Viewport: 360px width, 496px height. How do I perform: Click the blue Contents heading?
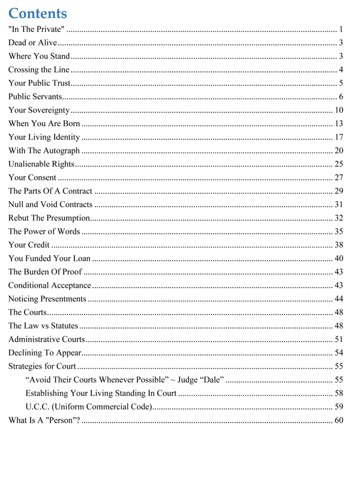pos(38,13)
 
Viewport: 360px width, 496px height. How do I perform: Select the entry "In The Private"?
pos(36,29)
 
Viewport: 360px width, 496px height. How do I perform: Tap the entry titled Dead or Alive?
pos(32,43)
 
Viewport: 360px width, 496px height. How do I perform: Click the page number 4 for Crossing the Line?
pos(340,70)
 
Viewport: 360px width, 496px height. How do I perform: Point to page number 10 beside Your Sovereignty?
pos(338,110)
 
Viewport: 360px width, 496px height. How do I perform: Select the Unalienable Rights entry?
pos(41,164)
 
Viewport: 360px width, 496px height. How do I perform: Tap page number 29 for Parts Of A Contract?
pos(338,191)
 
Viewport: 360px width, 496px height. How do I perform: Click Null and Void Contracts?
pos(50,205)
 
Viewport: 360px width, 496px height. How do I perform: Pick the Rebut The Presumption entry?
pos(49,218)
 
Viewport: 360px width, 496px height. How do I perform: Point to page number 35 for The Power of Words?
pos(338,231)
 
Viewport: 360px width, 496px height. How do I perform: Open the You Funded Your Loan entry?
pos(50,258)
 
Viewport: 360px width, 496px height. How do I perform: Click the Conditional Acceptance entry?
pos(49,285)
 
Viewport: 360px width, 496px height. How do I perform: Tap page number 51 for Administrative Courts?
pos(338,339)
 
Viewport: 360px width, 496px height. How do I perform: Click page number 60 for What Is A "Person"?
pos(338,420)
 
